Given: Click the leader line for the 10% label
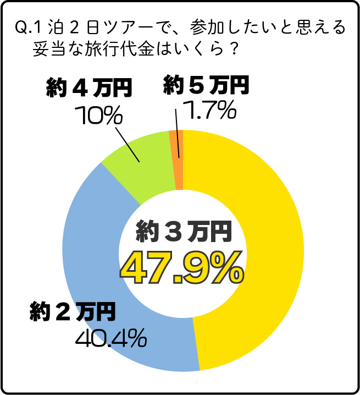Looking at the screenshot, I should (x=128, y=142).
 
